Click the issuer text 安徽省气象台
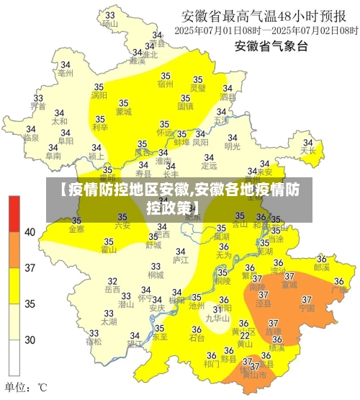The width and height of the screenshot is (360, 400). pos(271,47)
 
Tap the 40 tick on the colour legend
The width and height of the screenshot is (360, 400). pos(30,232)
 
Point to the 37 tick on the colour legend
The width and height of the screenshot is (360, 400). pos(30,269)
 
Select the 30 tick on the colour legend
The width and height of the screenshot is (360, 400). pos(30,339)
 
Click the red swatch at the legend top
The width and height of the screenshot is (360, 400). pos(14,213)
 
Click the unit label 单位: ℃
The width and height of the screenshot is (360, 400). pos(27,388)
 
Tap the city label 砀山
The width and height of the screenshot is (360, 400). pos(109,23)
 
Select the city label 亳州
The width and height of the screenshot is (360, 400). pos(66,73)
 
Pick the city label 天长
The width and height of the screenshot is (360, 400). pos(308,151)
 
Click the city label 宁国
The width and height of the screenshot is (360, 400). pos(307,308)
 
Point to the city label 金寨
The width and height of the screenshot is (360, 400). pos(76,230)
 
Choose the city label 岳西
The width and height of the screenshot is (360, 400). pos(112,290)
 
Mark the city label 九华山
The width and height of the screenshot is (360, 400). pos(217,317)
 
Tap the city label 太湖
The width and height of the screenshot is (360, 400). pos(108,322)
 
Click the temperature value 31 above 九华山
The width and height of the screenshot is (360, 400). pos(217,308)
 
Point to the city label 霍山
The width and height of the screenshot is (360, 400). pos(109,250)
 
